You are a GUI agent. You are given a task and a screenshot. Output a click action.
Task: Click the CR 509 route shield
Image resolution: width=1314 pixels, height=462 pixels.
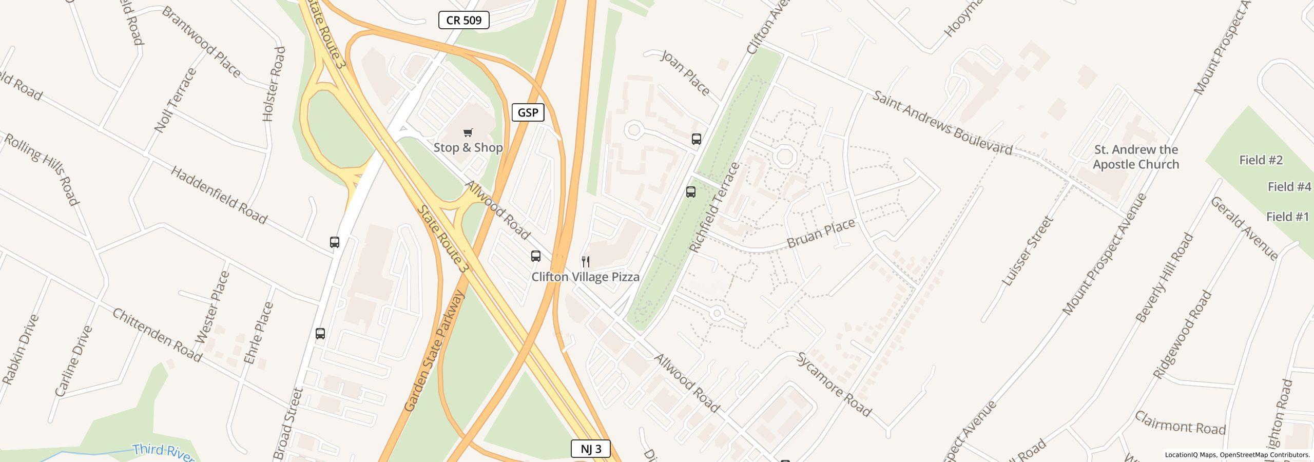coord(463,21)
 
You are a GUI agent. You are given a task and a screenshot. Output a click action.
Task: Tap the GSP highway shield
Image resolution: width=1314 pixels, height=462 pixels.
coord(528,112)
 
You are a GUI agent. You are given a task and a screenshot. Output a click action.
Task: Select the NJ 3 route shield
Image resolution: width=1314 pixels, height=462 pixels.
coord(590,449)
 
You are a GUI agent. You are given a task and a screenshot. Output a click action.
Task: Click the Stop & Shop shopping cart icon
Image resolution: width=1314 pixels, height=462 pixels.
coord(468,133)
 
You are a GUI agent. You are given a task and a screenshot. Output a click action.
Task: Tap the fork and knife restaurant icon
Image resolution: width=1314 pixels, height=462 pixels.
coord(585,262)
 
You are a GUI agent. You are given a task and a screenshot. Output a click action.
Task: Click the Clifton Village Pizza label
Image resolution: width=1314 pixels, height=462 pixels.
coord(585,277)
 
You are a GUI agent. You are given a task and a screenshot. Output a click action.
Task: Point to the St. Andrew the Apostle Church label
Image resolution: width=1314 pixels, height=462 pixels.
coord(1135,157)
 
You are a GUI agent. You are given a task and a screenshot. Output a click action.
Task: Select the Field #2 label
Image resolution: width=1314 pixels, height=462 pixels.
coord(1261,160)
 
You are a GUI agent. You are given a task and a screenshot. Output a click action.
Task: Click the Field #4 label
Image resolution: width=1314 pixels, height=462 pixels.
coord(1289,187)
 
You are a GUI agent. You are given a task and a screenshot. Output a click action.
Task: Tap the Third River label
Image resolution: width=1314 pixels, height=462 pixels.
coord(163,451)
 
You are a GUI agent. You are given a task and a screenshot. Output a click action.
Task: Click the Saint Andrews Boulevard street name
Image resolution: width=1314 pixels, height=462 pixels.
coord(942,123)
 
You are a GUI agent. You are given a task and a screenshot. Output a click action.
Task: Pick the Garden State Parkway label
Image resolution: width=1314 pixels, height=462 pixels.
coord(434,351)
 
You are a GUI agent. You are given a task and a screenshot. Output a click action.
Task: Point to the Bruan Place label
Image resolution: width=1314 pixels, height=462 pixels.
coord(821,233)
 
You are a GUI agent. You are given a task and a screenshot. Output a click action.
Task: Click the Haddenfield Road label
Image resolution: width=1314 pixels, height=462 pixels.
coord(219,195)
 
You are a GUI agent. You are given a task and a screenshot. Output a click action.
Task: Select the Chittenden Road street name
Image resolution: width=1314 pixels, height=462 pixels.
coord(157,335)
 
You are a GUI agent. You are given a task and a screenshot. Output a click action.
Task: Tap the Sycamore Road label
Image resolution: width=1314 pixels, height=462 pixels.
coord(834,384)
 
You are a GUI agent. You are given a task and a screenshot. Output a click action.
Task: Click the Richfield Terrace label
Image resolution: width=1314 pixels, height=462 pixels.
coord(714,207)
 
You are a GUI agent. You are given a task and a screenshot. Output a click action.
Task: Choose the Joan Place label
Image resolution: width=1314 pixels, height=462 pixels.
coord(685,73)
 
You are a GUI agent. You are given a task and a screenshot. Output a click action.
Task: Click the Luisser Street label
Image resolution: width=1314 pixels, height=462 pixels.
coord(1028,251)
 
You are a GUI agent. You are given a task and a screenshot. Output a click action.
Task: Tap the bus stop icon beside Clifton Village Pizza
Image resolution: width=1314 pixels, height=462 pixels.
coord(535,256)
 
